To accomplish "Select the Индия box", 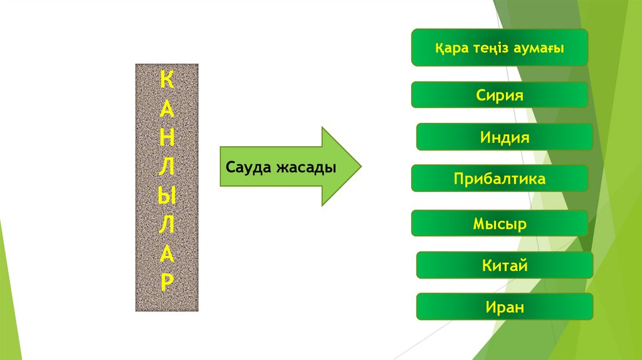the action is [504, 137].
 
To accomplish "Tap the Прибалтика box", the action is [499, 179].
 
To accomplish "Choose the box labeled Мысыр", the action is [499, 223].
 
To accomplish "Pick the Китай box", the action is [504, 265].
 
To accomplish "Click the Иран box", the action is [504, 307].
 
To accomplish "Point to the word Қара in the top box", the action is [448, 48].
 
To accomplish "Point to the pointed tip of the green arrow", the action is [360, 167].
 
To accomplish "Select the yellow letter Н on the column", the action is [167, 140].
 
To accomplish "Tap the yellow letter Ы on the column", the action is [167, 196].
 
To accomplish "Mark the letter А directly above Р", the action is [167, 253].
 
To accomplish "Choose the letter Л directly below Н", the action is [167, 169].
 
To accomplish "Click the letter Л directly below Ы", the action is [167, 225].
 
